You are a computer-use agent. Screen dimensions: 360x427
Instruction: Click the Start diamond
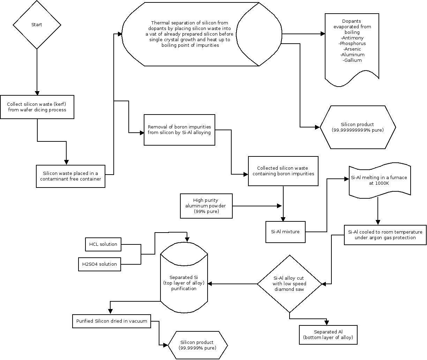(37, 25)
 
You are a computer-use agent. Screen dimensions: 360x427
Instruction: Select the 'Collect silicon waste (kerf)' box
(37, 107)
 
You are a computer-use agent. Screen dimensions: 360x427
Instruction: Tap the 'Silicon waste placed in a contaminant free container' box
(70, 176)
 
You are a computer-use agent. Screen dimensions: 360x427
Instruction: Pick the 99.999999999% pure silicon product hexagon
(358, 127)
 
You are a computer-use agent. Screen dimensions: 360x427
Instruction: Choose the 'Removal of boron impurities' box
(179, 130)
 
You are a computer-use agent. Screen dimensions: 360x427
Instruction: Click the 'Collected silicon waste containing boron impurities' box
(283, 171)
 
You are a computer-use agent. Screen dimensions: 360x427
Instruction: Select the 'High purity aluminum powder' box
(206, 206)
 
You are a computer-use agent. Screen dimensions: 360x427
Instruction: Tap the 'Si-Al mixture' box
(285, 232)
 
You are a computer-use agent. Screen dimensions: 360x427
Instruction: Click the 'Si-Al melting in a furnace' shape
(379, 180)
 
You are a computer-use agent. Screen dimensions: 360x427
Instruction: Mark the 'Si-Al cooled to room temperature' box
(385, 235)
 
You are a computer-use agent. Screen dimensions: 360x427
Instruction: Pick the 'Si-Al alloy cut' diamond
(289, 284)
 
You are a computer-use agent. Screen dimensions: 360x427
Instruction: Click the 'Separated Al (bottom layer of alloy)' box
(328, 335)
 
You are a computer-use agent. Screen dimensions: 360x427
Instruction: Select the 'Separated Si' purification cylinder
(184, 283)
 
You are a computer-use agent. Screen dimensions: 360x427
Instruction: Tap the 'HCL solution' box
(103, 244)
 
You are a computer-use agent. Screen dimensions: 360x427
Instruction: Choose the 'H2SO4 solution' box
(99, 264)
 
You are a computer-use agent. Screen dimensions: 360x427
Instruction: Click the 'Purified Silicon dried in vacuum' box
(112, 321)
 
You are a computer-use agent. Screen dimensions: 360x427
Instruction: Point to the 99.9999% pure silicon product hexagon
(197, 345)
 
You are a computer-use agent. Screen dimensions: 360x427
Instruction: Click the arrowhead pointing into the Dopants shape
(323, 34)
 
